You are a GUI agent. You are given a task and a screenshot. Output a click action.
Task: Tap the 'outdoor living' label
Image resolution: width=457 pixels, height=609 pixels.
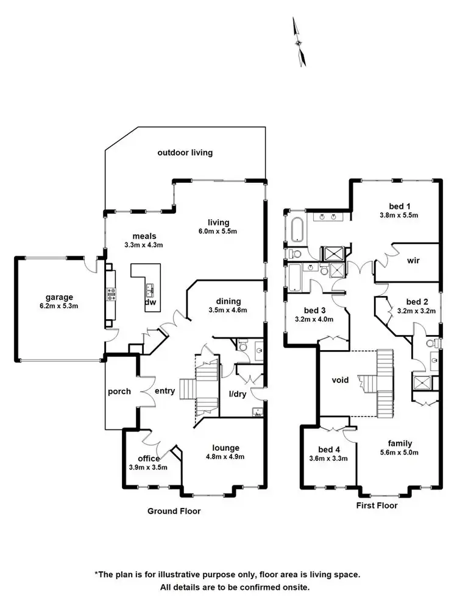pos(185,153)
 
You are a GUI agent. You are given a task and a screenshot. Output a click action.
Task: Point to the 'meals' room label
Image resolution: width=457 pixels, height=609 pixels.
pos(145,236)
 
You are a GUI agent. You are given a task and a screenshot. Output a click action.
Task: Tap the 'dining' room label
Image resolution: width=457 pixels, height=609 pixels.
pos(228,301)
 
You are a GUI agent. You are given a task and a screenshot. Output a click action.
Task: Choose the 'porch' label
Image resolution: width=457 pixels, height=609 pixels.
pos(119,391)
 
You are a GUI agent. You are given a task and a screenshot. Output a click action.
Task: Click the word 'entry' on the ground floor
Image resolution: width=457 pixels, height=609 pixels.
pos(165,391)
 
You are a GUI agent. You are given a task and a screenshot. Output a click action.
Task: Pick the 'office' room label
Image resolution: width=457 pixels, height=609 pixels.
pos(149,459)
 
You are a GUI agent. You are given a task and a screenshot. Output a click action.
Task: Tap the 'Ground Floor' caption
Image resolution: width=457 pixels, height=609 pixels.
pos(174,512)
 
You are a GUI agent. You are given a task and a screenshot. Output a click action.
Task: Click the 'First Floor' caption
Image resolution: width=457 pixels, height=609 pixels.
pos(377,505)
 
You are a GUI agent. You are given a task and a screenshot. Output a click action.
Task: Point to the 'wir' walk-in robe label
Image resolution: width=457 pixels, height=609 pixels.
pos(414,260)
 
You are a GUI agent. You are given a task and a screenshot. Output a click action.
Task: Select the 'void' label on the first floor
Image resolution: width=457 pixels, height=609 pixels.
pos(340,380)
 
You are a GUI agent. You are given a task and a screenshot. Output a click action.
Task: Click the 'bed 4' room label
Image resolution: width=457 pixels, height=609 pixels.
pos(328,449)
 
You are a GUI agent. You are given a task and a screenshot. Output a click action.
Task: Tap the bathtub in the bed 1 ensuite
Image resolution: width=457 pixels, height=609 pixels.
pos(297,230)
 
